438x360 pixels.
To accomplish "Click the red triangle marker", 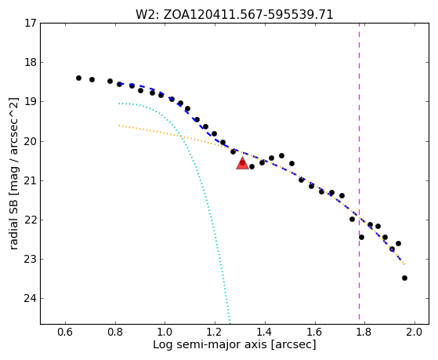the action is tap(242, 163).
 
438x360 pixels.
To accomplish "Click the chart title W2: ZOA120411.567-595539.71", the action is tap(234, 14).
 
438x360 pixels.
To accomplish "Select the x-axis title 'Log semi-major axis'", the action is tap(210, 344).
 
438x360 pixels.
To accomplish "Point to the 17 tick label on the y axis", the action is tap(31, 23).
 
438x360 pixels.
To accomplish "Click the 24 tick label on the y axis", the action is tap(31, 299).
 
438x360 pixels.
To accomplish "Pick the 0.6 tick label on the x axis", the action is tap(65, 333).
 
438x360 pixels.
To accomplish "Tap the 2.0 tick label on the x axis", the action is tap(414, 333).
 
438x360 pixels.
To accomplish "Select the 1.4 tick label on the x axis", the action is tap(265, 333).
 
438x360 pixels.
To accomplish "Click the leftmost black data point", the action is tap(78, 78).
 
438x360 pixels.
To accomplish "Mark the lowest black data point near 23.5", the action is tap(404, 278).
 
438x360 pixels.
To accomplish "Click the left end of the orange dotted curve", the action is tap(119, 125).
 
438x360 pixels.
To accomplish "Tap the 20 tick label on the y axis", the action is tap(31, 141).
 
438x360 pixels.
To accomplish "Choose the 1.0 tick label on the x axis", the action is tap(165, 333).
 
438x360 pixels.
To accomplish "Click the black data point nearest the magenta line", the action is tap(361, 237).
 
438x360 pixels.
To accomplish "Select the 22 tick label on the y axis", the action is tap(31, 220).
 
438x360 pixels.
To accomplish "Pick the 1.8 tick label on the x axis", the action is tap(364, 333).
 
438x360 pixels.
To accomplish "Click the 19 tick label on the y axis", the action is tap(31, 101).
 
